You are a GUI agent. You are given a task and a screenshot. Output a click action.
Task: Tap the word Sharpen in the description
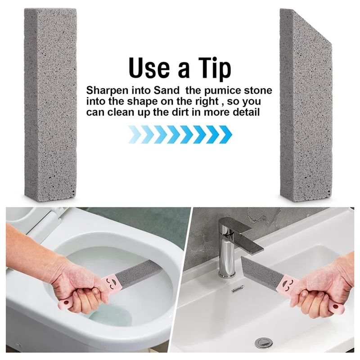coord(107,90)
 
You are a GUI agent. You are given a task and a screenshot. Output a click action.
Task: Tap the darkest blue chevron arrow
coord(225,134)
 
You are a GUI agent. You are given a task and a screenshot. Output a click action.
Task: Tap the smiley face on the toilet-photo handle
coord(111,282)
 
